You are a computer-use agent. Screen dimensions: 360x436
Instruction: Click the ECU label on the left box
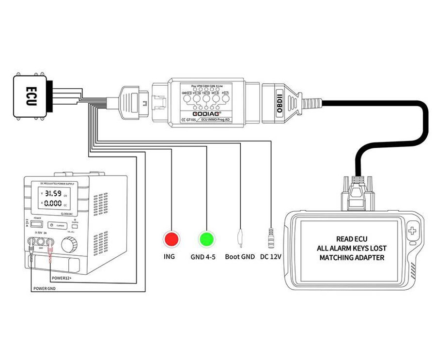(31, 95)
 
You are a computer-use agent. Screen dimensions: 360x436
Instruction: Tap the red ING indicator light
(171, 238)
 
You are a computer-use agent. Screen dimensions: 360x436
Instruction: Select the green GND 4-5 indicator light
(206, 238)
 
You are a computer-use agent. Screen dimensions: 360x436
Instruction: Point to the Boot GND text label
(240, 257)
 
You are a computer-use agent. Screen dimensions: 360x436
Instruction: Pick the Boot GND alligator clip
(240, 236)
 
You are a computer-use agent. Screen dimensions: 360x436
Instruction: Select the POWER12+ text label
(65, 279)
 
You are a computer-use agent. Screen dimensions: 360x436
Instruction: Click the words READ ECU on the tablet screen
(352, 239)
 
